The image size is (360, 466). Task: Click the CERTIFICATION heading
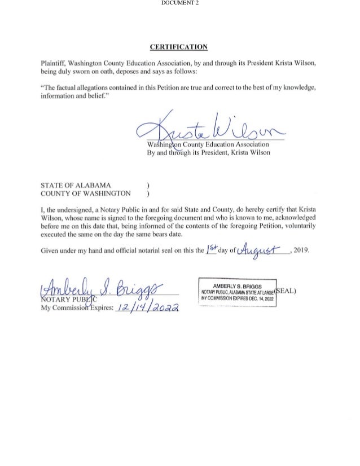pyautogui.click(x=180, y=46)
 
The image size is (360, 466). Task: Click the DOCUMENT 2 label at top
pyautogui.click(x=179, y=3)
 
